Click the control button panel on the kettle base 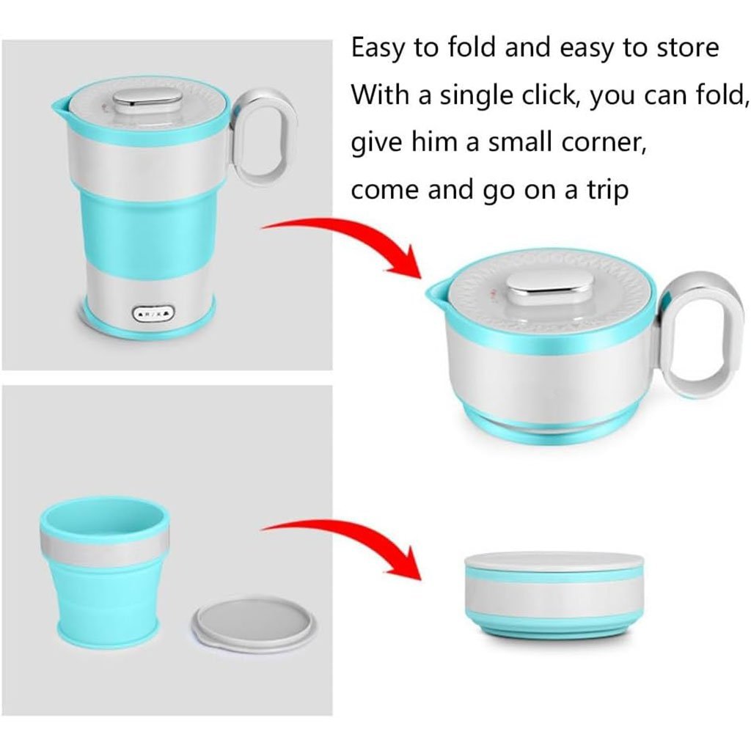pyautogui.click(x=153, y=314)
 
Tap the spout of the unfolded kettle pyautogui.click(x=60, y=109)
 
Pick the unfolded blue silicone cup pyautogui.click(x=105, y=571)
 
